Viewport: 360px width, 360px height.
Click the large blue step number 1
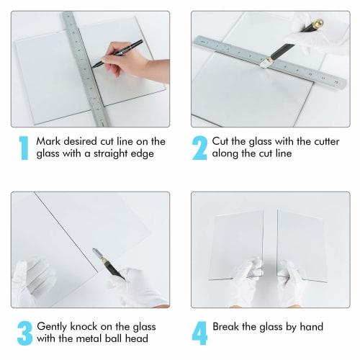[x=24, y=148]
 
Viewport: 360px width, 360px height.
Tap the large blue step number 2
[x=199, y=148]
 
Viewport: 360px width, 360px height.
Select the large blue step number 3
[x=24, y=333]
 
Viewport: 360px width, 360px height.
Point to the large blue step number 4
[x=200, y=333]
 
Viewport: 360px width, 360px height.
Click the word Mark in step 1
[x=48, y=142]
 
